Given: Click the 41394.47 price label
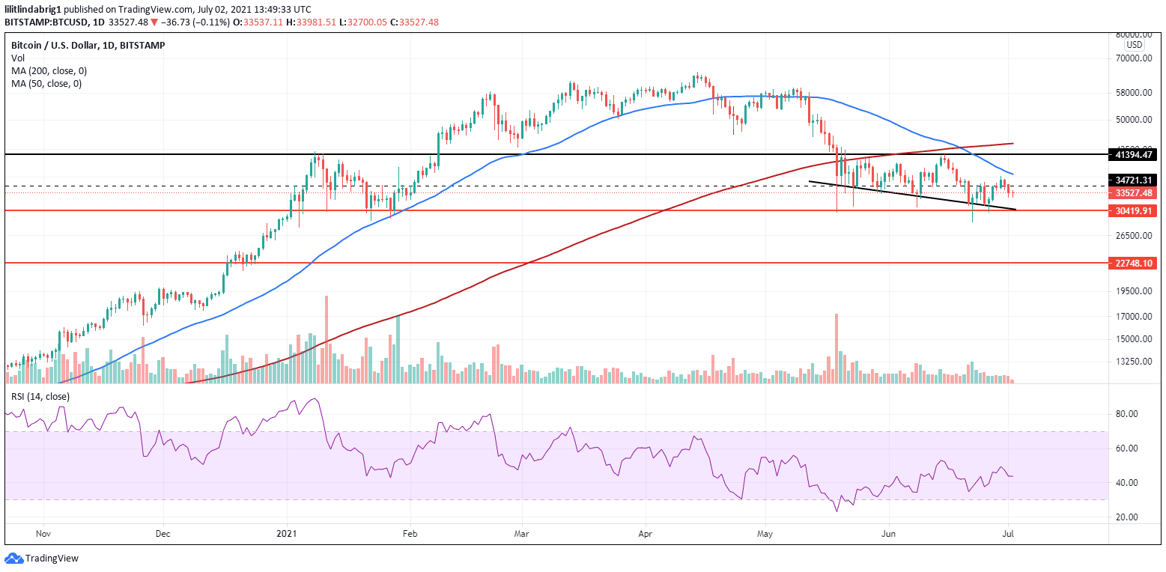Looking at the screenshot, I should (1134, 154).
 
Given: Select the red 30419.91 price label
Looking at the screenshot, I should (1134, 211).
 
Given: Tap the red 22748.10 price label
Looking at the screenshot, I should (1134, 264).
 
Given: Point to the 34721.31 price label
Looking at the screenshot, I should (1134, 180).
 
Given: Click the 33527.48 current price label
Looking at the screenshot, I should (1134, 192).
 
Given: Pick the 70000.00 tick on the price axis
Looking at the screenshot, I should (1134, 58).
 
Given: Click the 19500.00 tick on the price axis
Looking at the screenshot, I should (1134, 291).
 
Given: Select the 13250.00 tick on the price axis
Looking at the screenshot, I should (1134, 361).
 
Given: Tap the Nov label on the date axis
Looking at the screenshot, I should (43, 535).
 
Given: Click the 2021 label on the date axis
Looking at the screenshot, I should (288, 535).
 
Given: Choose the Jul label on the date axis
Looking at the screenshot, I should (1009, 535).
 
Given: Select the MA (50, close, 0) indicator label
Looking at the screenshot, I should (46, 83).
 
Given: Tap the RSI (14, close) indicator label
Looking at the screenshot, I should (40, 396).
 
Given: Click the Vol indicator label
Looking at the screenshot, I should (17, 58).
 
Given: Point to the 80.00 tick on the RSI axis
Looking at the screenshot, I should (1128, 413).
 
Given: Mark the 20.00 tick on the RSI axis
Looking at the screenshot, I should (1128, 517).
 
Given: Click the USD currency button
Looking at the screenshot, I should (1135, 45).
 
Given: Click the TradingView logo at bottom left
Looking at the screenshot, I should (42, 559).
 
